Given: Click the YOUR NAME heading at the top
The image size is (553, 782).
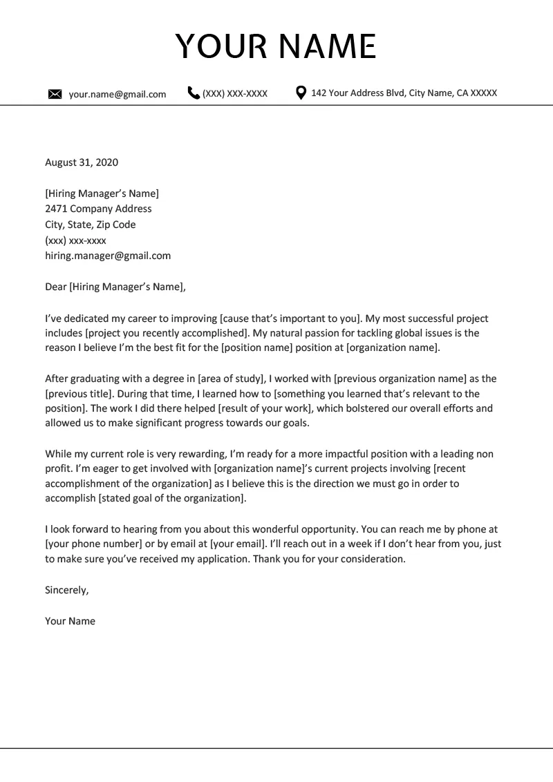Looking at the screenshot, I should (x=276, y=46).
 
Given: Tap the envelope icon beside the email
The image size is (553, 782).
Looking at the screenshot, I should (x=55, y=95).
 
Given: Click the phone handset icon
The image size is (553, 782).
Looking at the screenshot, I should (x=194, y=93).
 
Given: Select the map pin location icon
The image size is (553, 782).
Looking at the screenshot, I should (x=301, y=93).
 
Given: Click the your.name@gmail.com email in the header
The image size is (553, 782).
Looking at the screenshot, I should (x=117, y=95).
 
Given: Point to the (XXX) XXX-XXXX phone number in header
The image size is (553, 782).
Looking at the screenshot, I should (x=234, y=93).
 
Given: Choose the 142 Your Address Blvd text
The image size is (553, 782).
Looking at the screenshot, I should (x=404, y=93).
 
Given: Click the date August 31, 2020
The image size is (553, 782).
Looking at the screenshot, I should (x=82, y=163).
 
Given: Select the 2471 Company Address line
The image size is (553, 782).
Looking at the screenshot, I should (x=98, y=209).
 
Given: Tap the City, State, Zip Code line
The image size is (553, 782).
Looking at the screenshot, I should (x=90, y=225).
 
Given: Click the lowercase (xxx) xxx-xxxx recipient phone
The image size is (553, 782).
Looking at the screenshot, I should (x=75, y=240).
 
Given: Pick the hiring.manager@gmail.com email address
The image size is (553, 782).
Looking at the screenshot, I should (x=107, y=256).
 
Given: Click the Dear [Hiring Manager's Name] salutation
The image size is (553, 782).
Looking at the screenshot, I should (x=115, y=287).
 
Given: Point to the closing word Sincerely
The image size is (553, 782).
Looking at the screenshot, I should (x=67, y=590).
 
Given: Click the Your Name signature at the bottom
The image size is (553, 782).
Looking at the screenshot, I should (x=70, y=621).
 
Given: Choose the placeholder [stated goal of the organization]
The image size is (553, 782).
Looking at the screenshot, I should (x=171, y=498).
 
